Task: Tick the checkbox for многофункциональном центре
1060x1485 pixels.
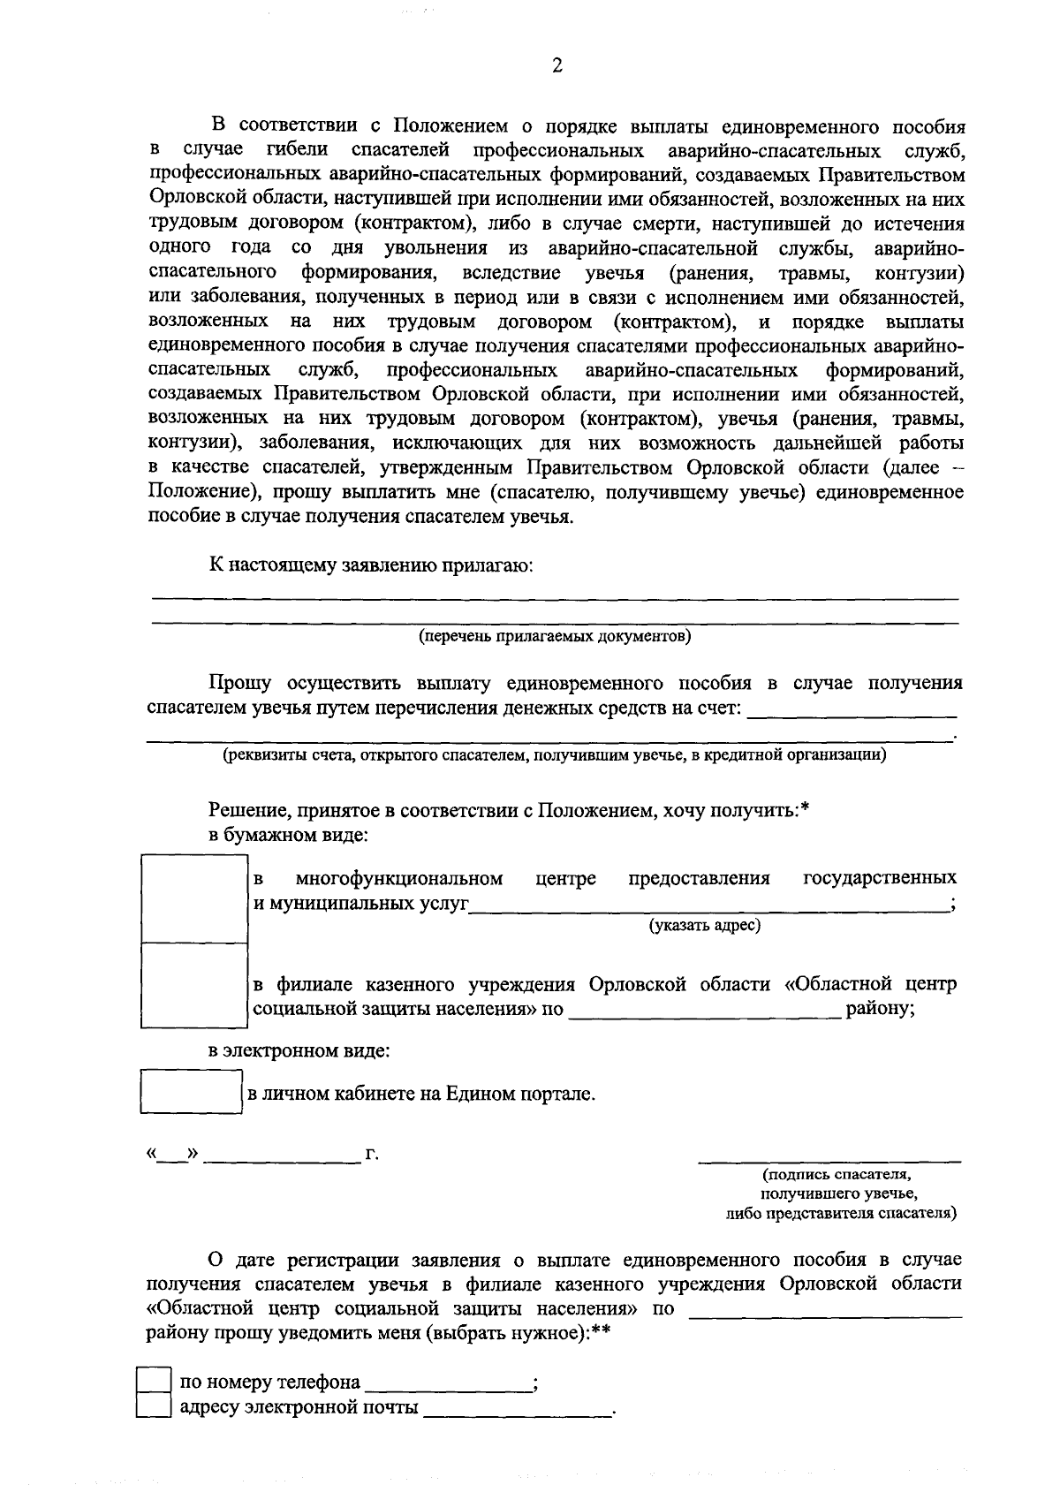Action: point(194,898)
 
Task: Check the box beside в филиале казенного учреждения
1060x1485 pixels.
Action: point(194,986)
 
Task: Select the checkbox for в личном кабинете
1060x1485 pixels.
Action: point(192,1092)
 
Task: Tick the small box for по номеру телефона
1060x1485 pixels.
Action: point(154,1382)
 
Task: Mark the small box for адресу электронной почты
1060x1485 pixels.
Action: point(154,1406)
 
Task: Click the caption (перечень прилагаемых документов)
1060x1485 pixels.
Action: point(555,636)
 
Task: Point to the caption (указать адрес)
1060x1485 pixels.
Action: point(705,925)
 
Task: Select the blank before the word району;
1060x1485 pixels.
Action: point(704,1012)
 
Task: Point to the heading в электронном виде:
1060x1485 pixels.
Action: point(299,1051)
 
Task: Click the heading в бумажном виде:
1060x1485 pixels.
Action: point(288,835)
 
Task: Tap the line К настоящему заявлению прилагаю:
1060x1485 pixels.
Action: point(371,565)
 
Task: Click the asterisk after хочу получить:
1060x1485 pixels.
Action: point(805,807)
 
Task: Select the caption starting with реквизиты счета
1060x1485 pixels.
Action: point(555,754)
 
